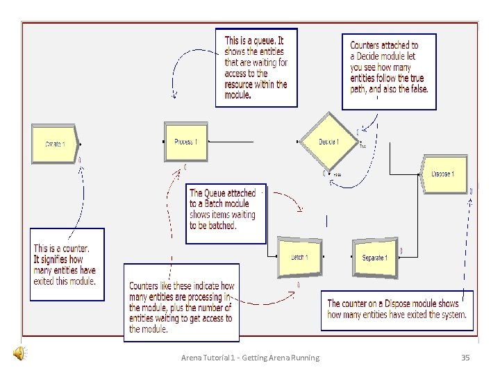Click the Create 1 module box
coord(55,144)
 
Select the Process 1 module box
coord(185,142)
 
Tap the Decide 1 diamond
coord(328,142)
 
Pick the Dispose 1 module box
coord(444,174)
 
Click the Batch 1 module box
coord(300,257)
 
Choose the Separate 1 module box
coord(375,258)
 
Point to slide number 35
coord(466,358)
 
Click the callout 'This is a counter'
coord(67,265)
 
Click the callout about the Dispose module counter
coord(397,309)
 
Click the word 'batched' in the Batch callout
coord(221,226)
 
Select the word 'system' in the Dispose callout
coord(451,315)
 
